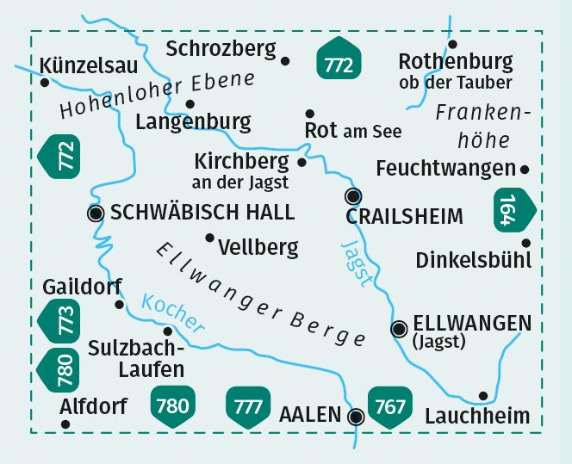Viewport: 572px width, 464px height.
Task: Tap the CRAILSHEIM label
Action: (404, 216)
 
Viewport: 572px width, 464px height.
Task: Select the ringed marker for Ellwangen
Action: (399, 328)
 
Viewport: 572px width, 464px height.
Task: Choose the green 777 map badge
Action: (247, 405)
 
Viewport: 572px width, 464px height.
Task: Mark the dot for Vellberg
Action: (208, 238)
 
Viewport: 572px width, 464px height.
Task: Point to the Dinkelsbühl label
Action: (473, 259)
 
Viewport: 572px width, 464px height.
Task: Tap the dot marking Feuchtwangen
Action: (525, 169)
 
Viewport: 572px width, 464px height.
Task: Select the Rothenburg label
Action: (456, 62)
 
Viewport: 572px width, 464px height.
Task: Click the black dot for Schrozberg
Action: (286, 60)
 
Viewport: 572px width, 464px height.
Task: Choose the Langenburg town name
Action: (193, 122)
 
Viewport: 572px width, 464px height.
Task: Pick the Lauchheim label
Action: (477, 416)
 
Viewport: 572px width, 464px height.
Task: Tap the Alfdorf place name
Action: (94, 405)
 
